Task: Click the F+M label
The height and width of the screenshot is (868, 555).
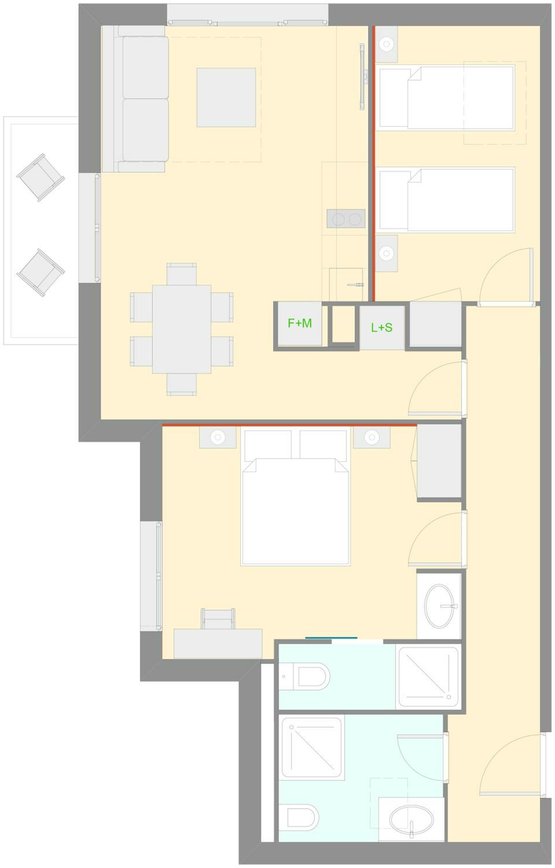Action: [299, 323]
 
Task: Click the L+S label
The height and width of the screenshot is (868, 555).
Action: [382, 328]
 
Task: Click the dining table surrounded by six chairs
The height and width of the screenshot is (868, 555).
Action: [182, 329]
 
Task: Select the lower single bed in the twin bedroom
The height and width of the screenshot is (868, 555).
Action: [447, 200]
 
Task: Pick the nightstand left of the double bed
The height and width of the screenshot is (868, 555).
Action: [218, 437]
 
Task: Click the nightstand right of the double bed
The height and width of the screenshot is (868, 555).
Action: [372, 437]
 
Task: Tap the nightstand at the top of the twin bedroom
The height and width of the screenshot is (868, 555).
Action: [386, 44]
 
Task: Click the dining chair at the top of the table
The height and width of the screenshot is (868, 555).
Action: [182, 274]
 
